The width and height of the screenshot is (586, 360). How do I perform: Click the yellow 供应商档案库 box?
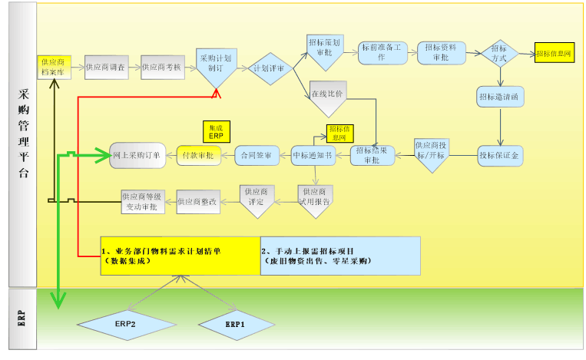pyautogui.click(x=55, y=67)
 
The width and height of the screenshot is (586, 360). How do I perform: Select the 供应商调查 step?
pyautogui.click(x=108, y=68)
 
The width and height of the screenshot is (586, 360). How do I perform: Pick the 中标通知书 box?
pyautogui.click(x=313, y=155)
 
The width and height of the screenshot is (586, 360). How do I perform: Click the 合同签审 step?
pyautogui.click(x=256, y=155)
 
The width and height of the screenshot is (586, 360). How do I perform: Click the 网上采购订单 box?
pyautogui.click(x=137, y=155)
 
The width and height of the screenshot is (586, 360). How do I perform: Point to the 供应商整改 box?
pyautogui.click(x=198, y=201)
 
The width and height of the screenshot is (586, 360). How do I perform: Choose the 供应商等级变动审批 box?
pyautogui.click(x=147, y=201)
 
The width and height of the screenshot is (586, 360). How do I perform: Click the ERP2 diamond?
pyautogui.click(x=126, y=325)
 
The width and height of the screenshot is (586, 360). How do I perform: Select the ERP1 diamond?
pyautogui.click(x=235, y=325)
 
